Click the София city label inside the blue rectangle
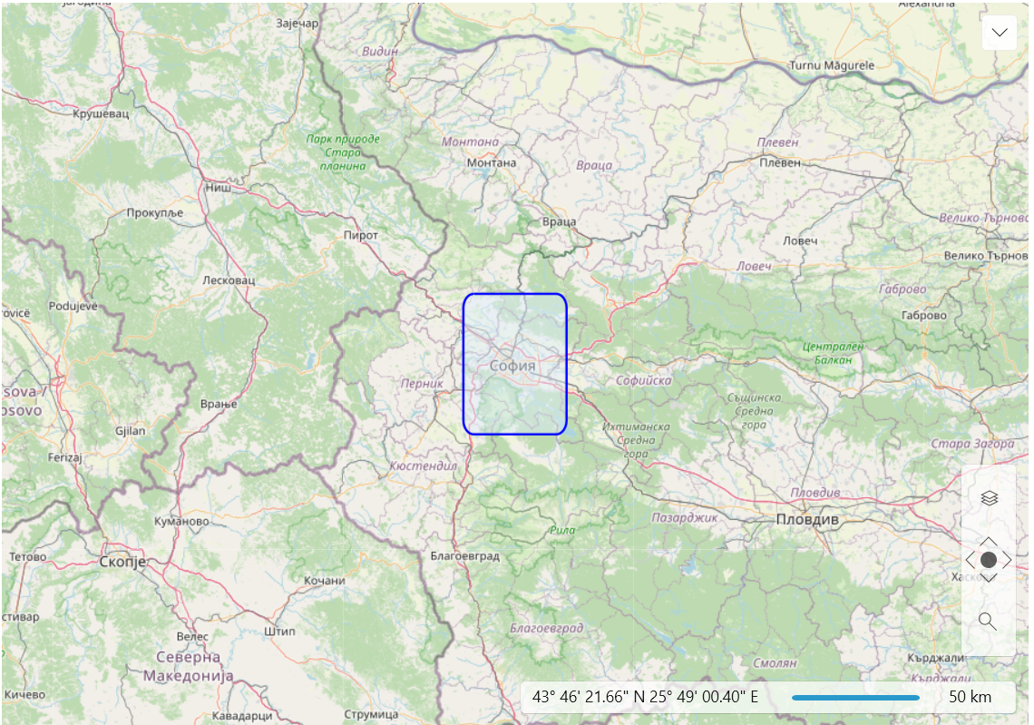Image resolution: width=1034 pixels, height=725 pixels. [x=512, y=366]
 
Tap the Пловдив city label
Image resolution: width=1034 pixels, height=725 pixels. [x=807, y=520]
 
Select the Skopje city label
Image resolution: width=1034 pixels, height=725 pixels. [x=122, y=563]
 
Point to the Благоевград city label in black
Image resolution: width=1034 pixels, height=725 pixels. [x=464, y=556]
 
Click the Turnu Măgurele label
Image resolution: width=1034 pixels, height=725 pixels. [x=832, y=65]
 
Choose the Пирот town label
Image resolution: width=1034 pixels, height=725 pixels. [x=361, y=235]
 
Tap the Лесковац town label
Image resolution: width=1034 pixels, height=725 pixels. [x=229, y=280]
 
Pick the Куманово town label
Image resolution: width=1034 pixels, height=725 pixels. [x=181, y=522]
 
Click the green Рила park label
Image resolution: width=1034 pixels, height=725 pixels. [x=562, y=530]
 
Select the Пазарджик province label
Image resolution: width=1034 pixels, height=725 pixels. [x=685, y=517]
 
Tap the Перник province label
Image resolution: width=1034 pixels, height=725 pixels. [x=423, y=384]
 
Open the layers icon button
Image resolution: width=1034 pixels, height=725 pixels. [x=989, y=497]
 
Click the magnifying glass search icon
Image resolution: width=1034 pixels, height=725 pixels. [x=988, y=622]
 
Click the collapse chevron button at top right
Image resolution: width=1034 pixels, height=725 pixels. [x=1000, y=33]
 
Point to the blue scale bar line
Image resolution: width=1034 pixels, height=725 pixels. [x=855, y=698]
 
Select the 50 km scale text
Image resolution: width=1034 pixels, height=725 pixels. [x=970, y=698]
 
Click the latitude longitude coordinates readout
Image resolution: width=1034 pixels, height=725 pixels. [x=645, y=698]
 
